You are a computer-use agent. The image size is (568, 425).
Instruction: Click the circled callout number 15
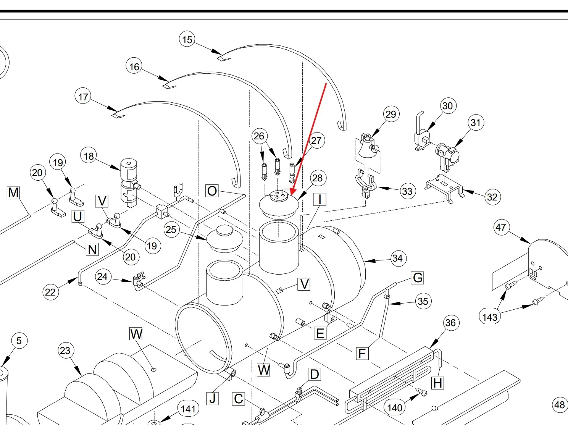[x=187, y=39]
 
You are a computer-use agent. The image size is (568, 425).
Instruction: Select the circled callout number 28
[x=317, y=178]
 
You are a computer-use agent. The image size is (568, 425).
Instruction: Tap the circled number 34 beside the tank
[x=397, y=259]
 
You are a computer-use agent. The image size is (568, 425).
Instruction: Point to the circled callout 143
[x=490, y=317]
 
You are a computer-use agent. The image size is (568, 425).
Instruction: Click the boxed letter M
[x=13, y=192]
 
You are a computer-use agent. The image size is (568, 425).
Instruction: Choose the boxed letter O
[x=212, y=191]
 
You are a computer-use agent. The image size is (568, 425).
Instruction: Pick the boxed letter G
[x=418, y=278]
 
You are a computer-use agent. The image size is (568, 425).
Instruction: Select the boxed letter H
[x=438, y=383]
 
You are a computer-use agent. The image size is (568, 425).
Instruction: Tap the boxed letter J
[x=213, y=399]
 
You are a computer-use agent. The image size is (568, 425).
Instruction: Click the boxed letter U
[x=77, y=217]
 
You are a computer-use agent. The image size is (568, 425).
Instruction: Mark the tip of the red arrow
[x=291, y=195]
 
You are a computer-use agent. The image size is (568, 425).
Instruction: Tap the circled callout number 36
[x=450, y=323]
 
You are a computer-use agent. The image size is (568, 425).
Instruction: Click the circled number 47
[x=501, y=228]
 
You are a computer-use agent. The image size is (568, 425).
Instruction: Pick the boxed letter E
[x=320, y=333]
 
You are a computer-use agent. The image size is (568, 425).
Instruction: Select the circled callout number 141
[x=188, y=409]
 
